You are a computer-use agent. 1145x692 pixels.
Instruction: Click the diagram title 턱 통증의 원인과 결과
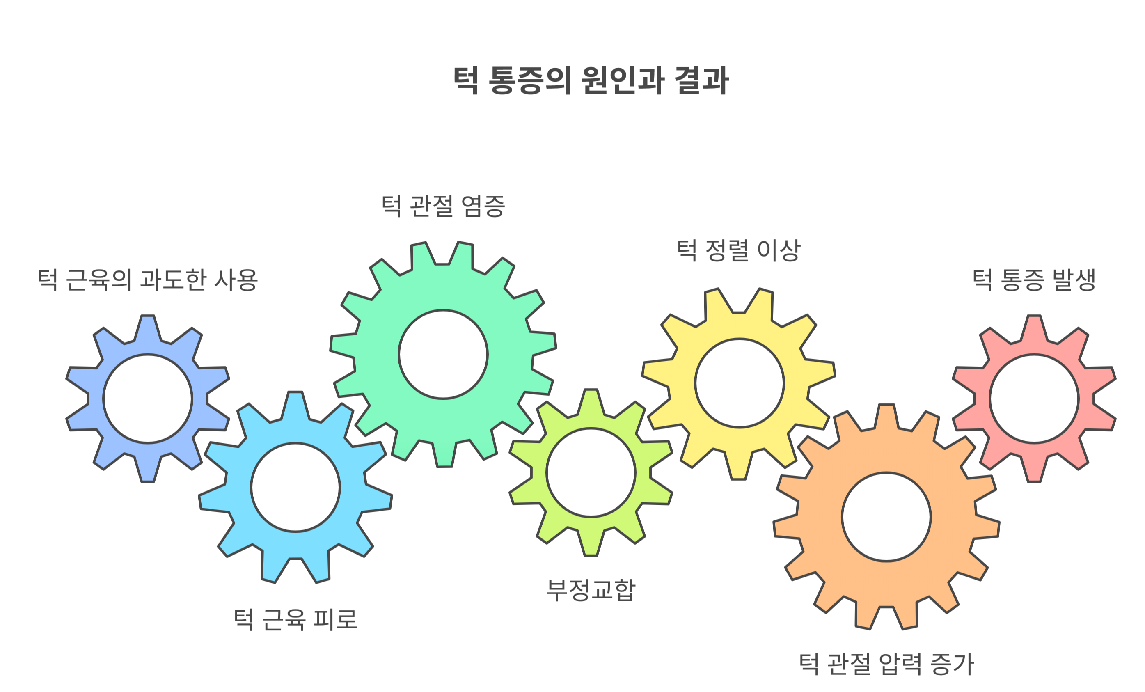(x=591, y=80)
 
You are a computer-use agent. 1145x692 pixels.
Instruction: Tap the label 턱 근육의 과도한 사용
(x=148, y=280)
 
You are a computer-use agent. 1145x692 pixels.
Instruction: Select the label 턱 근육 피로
(x=295, y=619)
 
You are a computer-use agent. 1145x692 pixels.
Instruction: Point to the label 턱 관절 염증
(x=443, y=206)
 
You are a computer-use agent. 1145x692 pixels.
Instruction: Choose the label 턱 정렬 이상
(x=738, y=250)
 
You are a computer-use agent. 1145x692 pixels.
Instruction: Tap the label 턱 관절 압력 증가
(x=886, y=664)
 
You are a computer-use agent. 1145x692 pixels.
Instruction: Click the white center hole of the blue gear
(x=148, y=399)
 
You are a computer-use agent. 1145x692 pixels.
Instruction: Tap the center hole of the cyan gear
(x=295, y=487)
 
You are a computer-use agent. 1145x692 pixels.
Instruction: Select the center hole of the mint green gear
(x=443, y=354)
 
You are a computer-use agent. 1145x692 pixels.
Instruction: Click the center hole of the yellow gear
(x=739, y=383)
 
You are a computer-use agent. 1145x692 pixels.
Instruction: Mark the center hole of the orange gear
(x=886, y=517)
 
